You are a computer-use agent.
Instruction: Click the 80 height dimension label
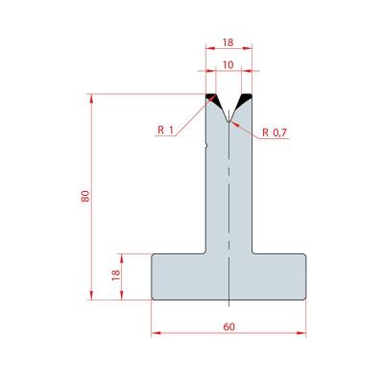pos(85,196)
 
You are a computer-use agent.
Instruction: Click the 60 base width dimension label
pos(228,326)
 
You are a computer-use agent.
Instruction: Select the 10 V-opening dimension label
pos(228,65)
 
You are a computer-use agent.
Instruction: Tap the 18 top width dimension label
pos(228,42)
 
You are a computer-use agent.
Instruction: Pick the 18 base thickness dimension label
pos(115,276)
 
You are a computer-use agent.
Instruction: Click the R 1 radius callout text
pos(165,130)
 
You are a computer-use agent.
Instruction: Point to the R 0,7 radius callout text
pos(275,132)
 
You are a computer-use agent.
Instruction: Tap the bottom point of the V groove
pos(228,122)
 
